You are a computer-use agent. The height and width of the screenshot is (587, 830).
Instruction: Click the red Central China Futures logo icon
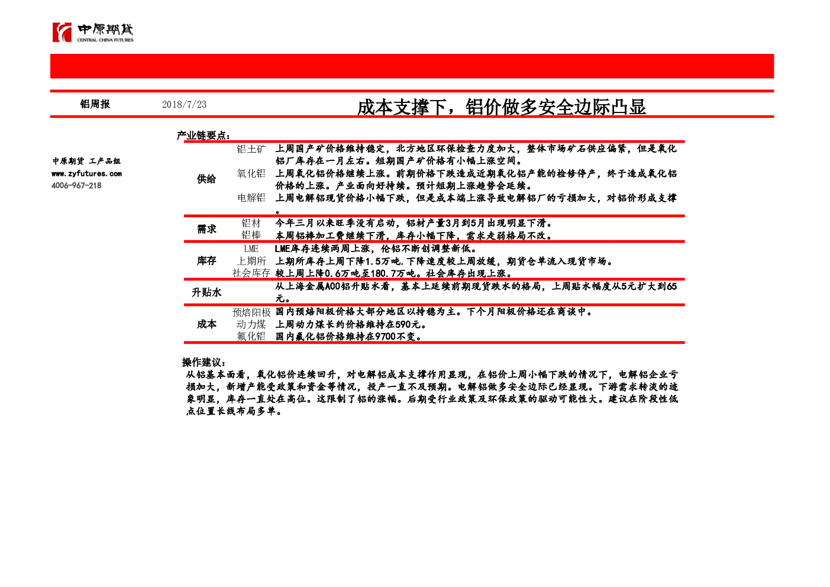click(62, 32)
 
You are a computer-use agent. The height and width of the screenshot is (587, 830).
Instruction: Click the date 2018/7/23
click(184, 105)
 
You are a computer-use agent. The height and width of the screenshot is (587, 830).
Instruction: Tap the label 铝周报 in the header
click(95, 104)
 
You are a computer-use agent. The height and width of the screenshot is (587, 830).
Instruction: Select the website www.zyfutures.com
click(87, 173)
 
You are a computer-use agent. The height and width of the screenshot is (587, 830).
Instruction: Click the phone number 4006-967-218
click(76, 185)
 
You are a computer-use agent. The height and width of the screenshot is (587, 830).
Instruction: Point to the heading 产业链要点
click(204, 136)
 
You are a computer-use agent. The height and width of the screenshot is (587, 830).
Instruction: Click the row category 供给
click(206, 179)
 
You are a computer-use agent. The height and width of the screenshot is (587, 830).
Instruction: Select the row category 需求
click(206, 230)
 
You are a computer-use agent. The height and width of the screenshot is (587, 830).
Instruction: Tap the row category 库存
click(206, 261)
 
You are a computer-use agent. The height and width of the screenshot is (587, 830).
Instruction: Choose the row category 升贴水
click(206, 293)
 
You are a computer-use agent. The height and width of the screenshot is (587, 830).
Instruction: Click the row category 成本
click(206, 324)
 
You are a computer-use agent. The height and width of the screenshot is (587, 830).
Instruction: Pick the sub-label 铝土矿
click(251, 149)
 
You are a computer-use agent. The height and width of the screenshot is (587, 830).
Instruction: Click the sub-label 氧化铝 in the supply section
click(251, 173)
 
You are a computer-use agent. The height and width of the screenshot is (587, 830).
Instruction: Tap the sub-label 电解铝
click(251, 198)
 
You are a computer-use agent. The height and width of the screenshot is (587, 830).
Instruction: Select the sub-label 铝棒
click(251, 235)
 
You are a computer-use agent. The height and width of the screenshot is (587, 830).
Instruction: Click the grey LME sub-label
click(251, 249)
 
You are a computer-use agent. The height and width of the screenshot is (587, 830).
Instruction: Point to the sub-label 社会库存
click(251, 273)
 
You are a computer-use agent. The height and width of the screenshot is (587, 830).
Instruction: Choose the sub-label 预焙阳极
click(251, 312)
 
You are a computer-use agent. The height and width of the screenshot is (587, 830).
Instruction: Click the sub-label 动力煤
click(251, 324)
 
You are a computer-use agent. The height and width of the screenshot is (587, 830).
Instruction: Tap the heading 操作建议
click(204, 362)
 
